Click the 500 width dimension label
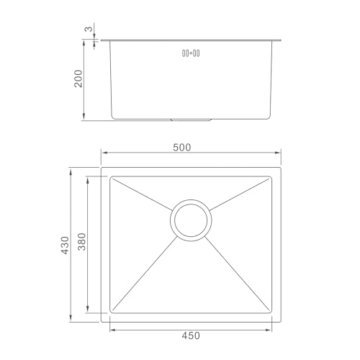(182, 148)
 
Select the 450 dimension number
(191, 336)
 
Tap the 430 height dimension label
(65, 246)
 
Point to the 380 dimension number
(82, 241)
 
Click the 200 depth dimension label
(78, 78)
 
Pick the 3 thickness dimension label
(89, 29)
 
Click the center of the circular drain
(191, 220)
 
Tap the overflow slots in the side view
(191, 53)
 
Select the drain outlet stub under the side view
(191, 120)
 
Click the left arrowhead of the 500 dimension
(104, 153)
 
